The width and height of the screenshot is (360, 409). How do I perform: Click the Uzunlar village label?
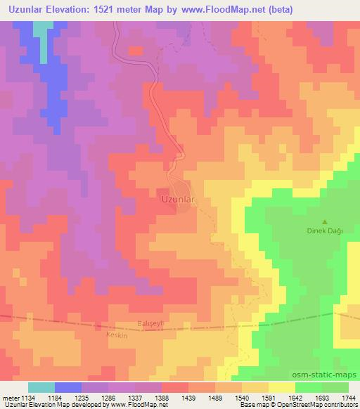(x=177, y=199)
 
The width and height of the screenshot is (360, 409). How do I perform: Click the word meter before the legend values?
(x=11, y=398)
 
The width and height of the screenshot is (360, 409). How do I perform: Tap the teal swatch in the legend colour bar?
(x=41, y=388)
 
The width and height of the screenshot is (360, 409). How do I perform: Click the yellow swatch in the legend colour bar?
(x=282, y=388)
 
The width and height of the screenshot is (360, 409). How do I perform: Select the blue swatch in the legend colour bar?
(x=68, y=388)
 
